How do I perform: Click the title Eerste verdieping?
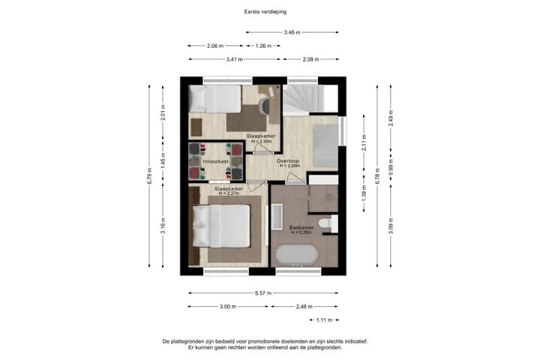tap(265, 12)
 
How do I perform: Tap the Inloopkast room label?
tap(215, 161)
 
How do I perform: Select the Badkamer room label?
tap(301, 228)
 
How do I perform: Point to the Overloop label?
tap(288, 161)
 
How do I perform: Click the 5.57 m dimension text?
tap(263, 293)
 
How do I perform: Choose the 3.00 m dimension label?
tap(228, 307)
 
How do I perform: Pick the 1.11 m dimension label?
tap(324, 320)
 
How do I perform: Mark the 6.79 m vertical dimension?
tap(149, 175)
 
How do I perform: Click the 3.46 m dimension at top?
tap(292, 32)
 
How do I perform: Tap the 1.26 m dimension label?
tap(263, 46)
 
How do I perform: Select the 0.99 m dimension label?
tap(391, 166)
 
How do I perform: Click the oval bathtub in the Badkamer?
tap(296, 255)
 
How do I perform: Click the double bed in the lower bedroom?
tap(221, 226)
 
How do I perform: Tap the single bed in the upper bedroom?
tap(215, 99)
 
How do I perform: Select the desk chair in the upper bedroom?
tap(264, 106)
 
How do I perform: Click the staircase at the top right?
tap(304, 100)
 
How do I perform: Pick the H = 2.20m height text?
tap(301, 232)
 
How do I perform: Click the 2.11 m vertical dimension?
tap(364, 142)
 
